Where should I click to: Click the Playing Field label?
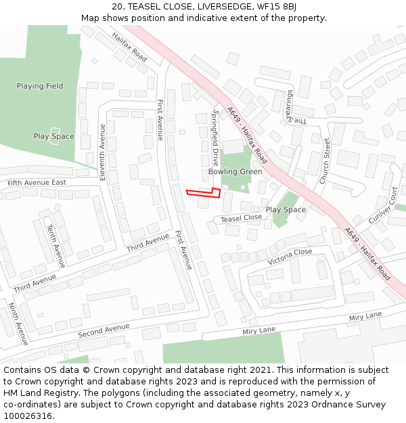40,86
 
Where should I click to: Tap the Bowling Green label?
235,172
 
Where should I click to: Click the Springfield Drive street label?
216,138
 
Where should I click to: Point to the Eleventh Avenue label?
103,152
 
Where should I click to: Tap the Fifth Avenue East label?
37,183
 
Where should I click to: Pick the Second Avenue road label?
104,331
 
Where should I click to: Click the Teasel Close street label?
242,218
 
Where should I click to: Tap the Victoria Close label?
290,257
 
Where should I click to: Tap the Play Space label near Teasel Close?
286,210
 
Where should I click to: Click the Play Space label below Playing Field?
54,137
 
